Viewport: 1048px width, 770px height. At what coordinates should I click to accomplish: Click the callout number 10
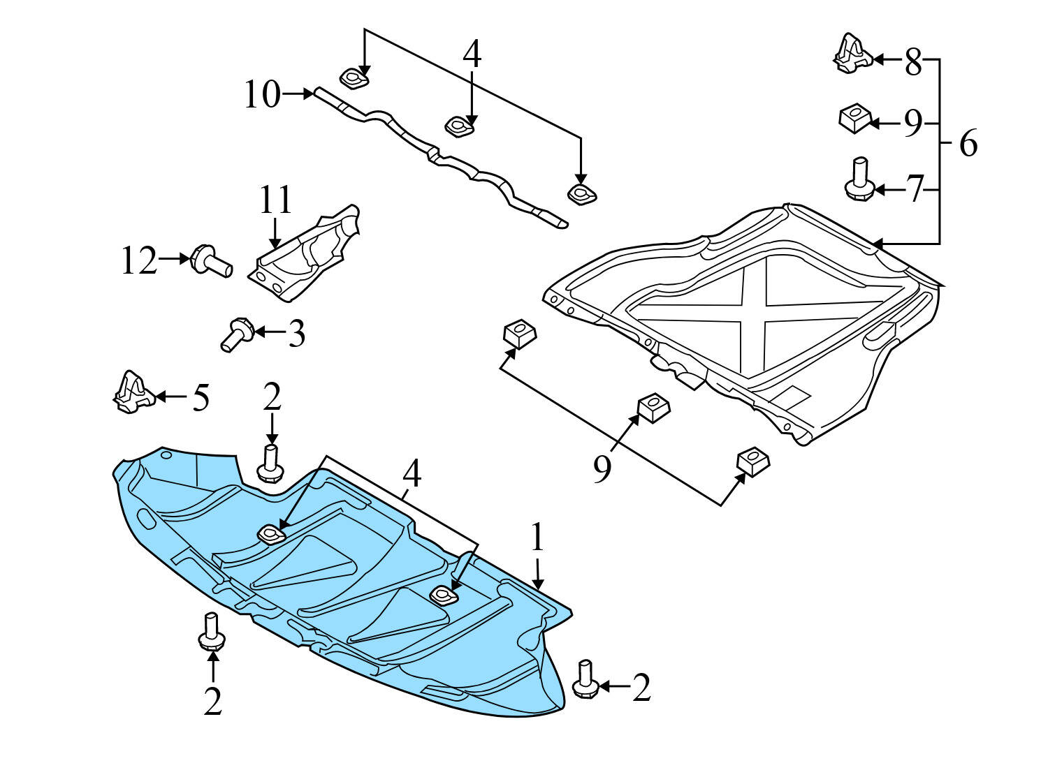pos(262,94)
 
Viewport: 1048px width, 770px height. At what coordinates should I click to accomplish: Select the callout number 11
pos(275,200)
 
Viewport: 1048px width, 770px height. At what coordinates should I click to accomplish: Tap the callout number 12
pos(138,260)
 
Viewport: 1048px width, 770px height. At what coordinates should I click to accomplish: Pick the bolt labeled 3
pos(238,334)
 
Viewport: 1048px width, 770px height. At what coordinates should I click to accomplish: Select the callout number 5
pos(201,398)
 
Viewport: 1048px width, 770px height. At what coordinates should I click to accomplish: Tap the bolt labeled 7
pos(859,179)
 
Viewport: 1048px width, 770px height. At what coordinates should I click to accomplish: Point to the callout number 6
pos(968,144)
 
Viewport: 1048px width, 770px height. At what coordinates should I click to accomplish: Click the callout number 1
pos(537,538)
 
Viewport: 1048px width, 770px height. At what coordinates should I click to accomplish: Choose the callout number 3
pos(296,334)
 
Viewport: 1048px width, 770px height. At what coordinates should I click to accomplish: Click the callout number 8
pos(913,63)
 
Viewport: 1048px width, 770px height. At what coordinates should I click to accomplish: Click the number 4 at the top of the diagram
pos(472,54)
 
